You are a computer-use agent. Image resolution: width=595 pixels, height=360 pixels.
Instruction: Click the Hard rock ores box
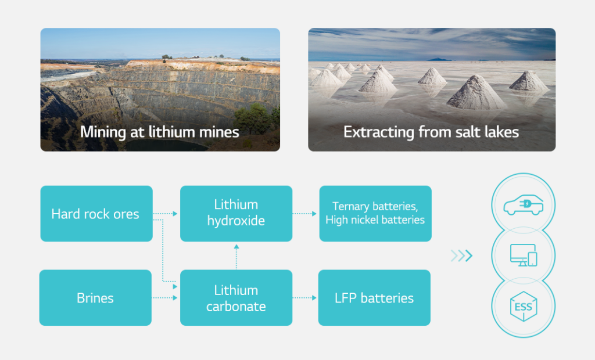96,214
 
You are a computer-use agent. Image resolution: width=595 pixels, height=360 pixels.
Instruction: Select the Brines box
95,298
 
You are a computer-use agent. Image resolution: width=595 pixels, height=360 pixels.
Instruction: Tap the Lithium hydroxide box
236,213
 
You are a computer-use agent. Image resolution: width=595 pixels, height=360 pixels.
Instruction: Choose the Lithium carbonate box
236,298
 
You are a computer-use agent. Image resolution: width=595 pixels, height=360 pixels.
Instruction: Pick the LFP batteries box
374,298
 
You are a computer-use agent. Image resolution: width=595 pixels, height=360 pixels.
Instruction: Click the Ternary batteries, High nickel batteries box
375,214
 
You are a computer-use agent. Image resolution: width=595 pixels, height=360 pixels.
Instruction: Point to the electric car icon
523,205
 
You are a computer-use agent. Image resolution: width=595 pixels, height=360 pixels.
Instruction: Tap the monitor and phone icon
523,255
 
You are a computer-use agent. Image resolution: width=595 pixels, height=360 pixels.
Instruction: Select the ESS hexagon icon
523,306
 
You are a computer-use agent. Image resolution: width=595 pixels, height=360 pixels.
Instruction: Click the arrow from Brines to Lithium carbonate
164,298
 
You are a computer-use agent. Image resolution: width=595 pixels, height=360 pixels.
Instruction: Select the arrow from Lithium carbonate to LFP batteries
304,298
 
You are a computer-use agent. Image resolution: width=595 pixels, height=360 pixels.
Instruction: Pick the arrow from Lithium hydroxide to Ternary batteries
305,214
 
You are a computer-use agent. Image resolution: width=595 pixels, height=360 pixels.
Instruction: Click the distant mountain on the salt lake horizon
440,59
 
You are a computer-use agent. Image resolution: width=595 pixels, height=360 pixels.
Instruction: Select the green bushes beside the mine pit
256,119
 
